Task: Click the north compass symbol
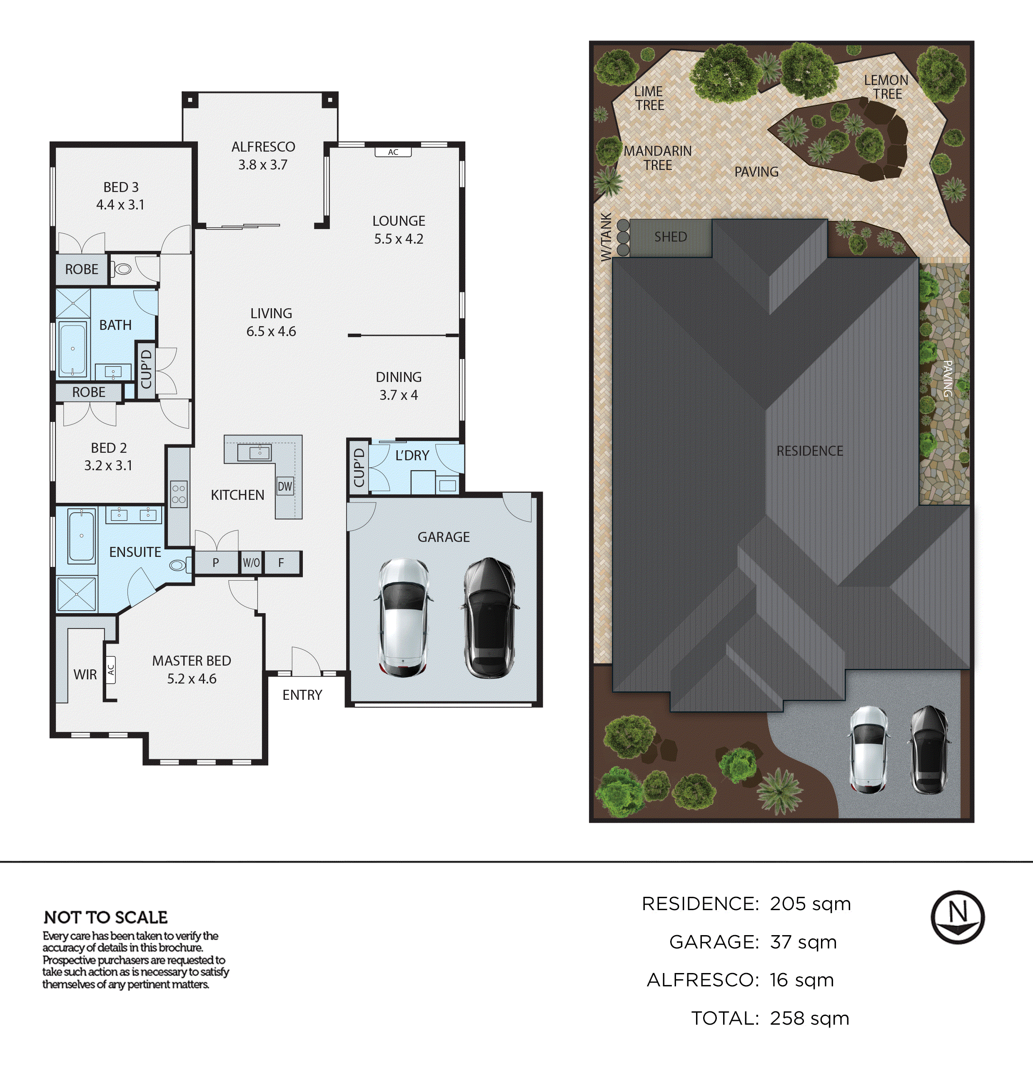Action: point(957,917)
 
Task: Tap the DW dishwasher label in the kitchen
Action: point(285,487)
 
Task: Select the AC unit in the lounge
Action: point(393,152)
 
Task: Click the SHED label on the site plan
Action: point(670,237)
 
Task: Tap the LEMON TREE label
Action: point(886,87)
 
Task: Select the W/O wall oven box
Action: point(251,563)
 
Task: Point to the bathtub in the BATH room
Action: point(72,349)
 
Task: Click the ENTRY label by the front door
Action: point(302,695)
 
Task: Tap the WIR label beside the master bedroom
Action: point(85,675)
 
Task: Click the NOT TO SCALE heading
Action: point(106,917)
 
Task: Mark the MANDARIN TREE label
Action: point(658,158)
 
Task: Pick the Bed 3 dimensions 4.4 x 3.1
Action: point(120,205)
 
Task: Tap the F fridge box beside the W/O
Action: point(281,563)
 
